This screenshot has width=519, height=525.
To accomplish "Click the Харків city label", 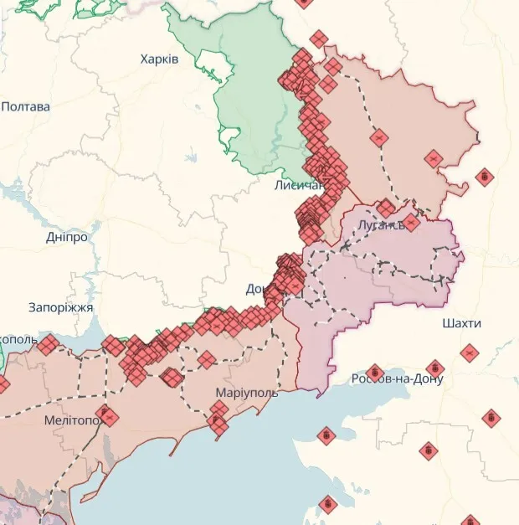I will (x=159, y=59).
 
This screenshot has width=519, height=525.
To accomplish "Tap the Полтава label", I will (x=25, y=107).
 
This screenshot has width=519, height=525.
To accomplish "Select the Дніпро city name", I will (x=67, y=237).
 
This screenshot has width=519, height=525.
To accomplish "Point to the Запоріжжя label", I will (x=60, y=307).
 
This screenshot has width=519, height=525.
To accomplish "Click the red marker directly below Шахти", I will (x=469, y=353).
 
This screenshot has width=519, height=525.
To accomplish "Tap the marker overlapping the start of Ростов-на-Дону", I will (x=374, y=372).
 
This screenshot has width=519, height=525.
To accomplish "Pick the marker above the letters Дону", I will (x=434, y=368).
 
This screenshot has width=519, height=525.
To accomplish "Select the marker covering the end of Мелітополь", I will (x=106, y=414).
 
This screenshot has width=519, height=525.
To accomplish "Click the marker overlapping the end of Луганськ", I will (x=410, y=224).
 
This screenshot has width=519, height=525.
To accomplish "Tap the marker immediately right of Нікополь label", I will (x=48, y=344).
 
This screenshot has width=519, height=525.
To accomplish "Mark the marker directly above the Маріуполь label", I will (x=206, y=361).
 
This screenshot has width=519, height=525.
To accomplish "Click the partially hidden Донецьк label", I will (x=254, y=289).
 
